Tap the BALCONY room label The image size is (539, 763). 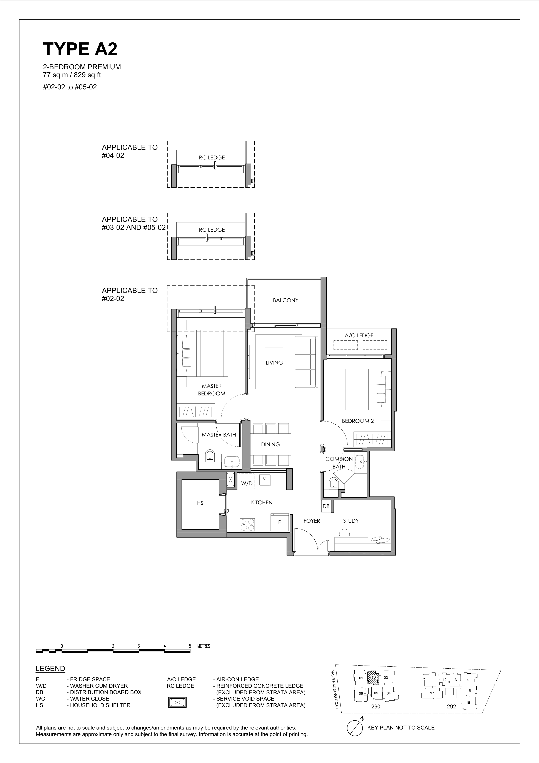point(286,300)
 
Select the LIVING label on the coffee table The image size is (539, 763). point(274,363)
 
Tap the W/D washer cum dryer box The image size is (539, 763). point(246,481)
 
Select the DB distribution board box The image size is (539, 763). point(326,506)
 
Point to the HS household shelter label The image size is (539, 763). point(200,503)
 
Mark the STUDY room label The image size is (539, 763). point(351,521)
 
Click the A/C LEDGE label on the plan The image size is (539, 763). point(359,336)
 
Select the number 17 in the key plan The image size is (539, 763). point(432,693)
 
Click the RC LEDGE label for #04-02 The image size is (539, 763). point(212,157)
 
